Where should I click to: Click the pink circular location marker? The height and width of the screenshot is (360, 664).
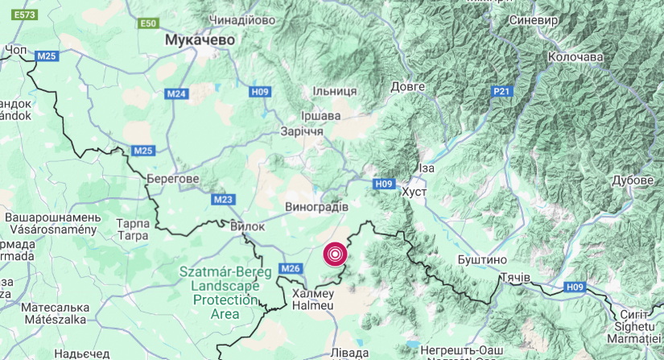tap(335, 254)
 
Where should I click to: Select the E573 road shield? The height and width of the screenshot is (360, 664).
tap(26, 14)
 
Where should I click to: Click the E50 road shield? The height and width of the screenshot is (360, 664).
tap(148, 24)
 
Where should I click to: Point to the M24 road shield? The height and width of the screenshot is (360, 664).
tap(177, 94)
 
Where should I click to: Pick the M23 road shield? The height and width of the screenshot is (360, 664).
tap(224, 199)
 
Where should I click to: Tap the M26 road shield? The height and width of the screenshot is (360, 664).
tap(291, 267)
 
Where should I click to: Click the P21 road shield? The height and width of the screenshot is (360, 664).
tap(501, 92)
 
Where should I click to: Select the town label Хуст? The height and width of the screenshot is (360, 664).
tap(414, 193)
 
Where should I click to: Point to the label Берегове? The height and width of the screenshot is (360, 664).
tap(173, 178)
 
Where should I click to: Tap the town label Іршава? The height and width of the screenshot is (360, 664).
tap(320, 115)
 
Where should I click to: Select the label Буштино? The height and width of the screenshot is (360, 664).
tap(481, 260)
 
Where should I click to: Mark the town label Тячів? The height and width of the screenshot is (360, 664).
tap(514, 278)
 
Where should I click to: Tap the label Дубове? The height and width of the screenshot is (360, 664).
tap(632, 180)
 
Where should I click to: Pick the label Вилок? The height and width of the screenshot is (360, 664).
tap(247, 226)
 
